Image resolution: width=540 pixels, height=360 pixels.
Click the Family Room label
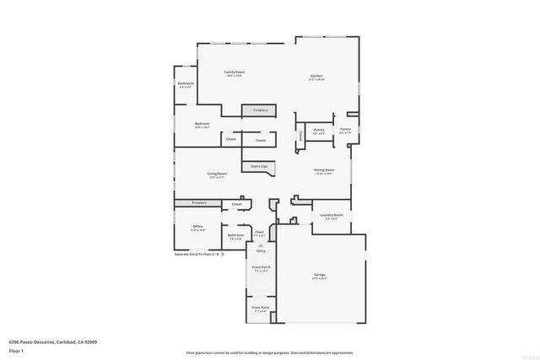coord(234,73)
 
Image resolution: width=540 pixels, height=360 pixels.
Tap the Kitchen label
coord(316,76)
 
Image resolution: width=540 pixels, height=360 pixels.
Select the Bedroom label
coord(202,124)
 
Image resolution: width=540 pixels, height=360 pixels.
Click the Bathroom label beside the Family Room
coord(186,83)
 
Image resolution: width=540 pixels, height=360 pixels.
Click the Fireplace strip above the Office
coord(199,202)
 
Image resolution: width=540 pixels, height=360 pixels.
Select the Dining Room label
coord(324,170)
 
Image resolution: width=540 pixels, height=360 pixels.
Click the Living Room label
coord(217,174)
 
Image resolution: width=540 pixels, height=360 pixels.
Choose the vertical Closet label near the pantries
coord(300,135)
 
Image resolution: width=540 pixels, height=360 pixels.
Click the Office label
coord(197,226)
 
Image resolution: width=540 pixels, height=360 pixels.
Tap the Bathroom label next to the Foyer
coord(223,235)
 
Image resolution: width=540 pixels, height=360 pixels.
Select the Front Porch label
coord(260,267)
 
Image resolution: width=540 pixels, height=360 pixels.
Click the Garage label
coord(320,275)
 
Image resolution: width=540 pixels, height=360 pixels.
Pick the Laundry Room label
coord(332,215)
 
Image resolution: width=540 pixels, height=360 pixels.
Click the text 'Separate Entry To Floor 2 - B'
coord(197,254)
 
